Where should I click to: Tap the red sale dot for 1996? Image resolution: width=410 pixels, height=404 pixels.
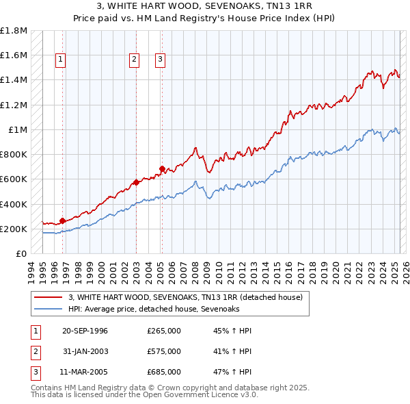click(x=62, y=220)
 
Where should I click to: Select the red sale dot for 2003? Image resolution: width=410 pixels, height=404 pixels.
click(x=136, y=182)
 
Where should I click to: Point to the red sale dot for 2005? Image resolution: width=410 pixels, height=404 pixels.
click(x=162, y=168)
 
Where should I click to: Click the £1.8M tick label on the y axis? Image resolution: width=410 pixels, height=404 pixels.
click(x=14, y=31)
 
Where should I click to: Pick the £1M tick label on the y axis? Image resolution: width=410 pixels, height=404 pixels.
click(x=18, y=130)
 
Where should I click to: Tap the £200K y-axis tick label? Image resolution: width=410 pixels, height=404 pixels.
click(x=14, y=229)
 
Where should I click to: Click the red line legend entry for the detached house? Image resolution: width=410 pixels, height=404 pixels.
click(x=189, y=297)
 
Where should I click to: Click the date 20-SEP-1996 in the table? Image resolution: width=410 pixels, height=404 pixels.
click(x=85, y=331)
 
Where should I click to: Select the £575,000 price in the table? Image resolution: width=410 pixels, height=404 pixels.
click(x=163, y=351)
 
